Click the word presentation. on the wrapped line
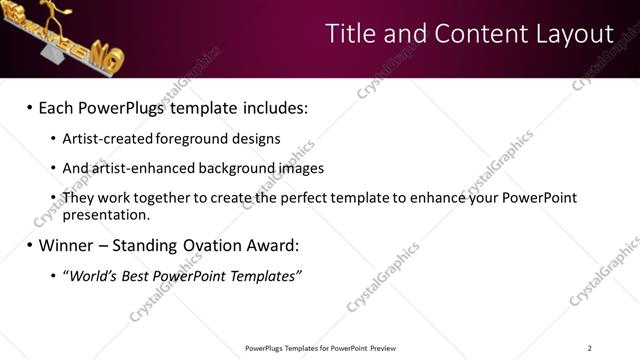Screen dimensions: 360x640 106,214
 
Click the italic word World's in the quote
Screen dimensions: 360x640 91,276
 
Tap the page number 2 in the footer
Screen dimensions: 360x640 589,348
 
